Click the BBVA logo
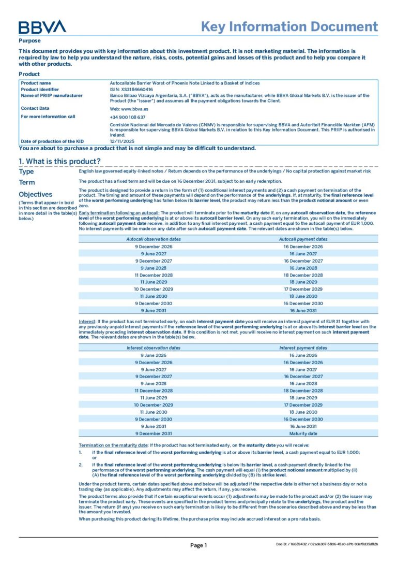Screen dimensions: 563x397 tap(42, 27)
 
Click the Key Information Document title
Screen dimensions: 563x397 tap(289, 27)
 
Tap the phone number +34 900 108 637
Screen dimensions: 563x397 tap(127, 117)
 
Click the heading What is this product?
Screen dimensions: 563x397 tap(59, 161)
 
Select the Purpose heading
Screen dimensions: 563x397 tap(29, 40)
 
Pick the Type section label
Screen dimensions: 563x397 tap(26, 171)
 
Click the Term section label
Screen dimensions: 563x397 tap(27, 182)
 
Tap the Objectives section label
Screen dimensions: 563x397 tap(36, 194)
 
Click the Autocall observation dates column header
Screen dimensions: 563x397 tap(154, 239)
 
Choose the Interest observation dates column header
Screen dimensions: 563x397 tap(154, 348)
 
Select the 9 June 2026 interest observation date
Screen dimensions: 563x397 tap(154, 355)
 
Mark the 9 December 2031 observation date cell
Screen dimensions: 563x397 tap(154, 434)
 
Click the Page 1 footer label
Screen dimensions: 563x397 tap(198, 545)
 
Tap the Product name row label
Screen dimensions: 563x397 tap(36, 83)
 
